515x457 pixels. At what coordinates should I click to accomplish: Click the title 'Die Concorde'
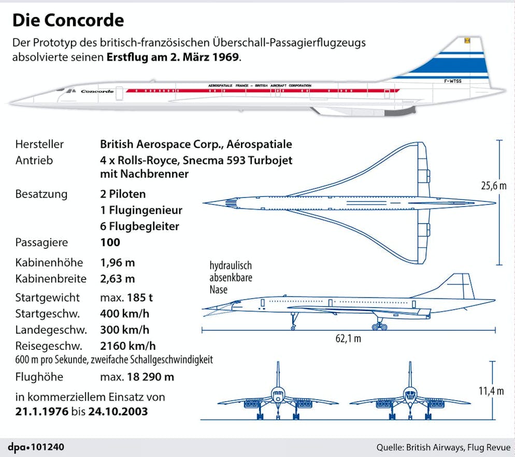(68, 20)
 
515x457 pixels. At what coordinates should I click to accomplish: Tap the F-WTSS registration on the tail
(453, 81)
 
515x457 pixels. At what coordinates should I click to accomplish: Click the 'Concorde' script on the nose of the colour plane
(97, 91)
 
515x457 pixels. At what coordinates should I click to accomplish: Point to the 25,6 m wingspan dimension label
(494, 186)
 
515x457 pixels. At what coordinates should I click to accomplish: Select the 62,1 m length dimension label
(348, 338)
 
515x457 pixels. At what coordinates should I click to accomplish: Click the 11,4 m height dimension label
(491, 391)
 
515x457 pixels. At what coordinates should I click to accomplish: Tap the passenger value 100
(110, 242)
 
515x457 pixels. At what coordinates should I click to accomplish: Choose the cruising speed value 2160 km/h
(128, 346)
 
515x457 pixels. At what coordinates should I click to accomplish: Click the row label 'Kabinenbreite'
(51, 279)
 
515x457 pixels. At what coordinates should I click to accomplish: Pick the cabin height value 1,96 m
(117, 263)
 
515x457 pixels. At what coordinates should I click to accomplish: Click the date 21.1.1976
(42, 411)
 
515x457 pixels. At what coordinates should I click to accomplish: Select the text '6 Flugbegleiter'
(139, 226)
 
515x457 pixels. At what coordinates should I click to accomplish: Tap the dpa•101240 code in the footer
(36, 447)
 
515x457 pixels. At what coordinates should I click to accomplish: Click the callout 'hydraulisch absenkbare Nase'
(231, 278)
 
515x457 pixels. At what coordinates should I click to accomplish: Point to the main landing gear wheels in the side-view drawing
(379, 326)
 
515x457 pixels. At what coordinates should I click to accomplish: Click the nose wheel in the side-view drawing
(293, 327)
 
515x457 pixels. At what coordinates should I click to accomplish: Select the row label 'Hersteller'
(39, 144)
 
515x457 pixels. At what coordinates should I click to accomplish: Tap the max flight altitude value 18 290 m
(150, 377)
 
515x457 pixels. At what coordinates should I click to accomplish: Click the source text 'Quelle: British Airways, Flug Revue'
(444, 447)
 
